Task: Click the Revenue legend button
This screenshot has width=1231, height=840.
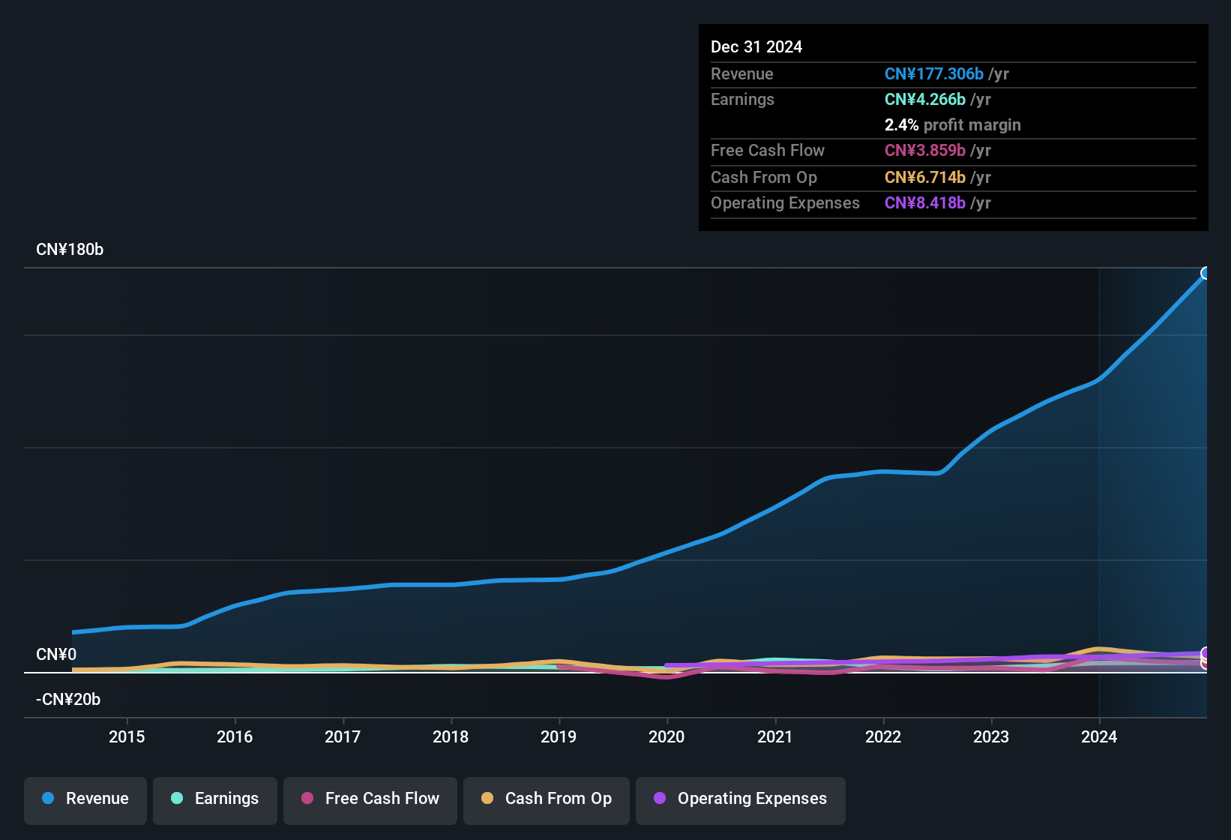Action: (86, 799)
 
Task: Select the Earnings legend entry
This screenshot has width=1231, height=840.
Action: (215, 799)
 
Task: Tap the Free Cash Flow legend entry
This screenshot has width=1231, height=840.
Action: (370, 799)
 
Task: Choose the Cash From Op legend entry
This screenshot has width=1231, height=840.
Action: (547, 799)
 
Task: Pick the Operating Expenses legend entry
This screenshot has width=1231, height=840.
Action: (741, 799)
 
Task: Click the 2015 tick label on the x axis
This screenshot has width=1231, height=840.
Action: (127, 736)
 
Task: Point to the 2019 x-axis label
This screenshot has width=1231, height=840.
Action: (559, 736)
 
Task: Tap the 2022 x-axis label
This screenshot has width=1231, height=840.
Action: (883, 736)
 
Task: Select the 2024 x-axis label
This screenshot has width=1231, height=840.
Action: (1099, 736)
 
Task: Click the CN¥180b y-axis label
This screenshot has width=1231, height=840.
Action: (70, 250)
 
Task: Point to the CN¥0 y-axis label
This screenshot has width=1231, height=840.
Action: (56, 654)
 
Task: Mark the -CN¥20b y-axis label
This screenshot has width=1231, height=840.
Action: (68, 699)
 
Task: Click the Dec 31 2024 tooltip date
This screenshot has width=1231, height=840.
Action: (756, 47)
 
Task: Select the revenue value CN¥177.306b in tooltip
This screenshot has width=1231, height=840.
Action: (933, 73)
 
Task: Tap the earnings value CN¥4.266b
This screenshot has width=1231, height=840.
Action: (924, 100)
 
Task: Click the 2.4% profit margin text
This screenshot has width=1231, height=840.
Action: (952, 125)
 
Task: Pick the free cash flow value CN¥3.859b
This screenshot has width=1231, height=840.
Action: (924, 151)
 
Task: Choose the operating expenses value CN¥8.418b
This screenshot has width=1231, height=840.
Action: (924, 203)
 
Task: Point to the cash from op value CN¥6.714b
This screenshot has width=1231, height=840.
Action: (924, 178)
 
